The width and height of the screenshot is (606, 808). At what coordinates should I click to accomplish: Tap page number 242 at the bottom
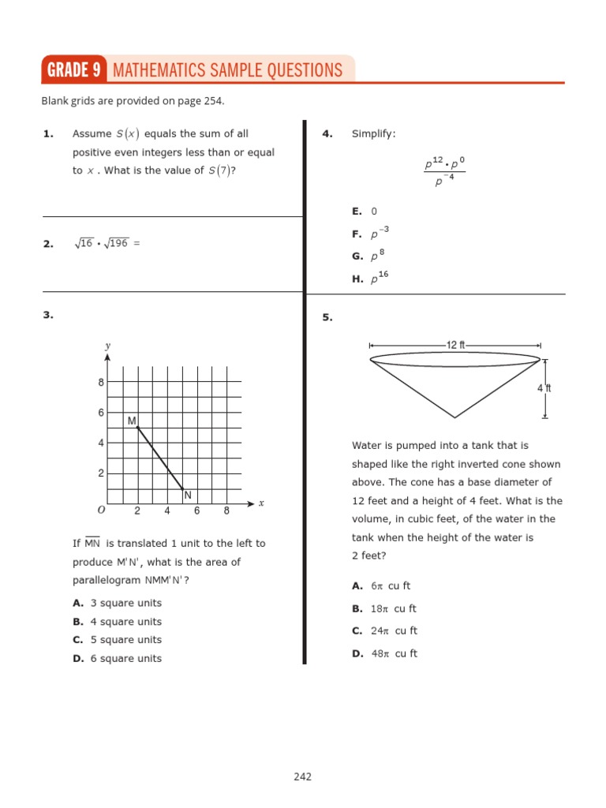[302, 776]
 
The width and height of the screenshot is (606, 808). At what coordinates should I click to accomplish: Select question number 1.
[48, 134]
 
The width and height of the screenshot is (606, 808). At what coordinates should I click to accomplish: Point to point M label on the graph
[132, 421]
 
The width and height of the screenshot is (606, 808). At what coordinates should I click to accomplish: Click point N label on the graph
[188, 496]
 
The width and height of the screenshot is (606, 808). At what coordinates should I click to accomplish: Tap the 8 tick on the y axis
[101, 383]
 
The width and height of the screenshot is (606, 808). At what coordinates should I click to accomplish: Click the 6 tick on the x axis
[196, 511]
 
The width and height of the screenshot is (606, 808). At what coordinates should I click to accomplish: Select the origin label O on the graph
[100, 511]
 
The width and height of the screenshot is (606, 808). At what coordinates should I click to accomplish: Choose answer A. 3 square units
[117, 603]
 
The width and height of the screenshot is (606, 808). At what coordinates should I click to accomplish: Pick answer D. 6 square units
[117, 659]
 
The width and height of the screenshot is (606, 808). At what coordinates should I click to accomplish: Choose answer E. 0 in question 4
[365, 211]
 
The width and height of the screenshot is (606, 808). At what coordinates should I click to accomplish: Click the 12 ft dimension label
[456, 345]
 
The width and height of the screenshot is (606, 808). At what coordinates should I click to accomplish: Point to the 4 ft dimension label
[544, 388]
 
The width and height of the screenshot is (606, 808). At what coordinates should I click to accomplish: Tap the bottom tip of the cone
[454, 417]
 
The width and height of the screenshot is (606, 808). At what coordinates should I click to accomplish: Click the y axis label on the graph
[107, 346]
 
